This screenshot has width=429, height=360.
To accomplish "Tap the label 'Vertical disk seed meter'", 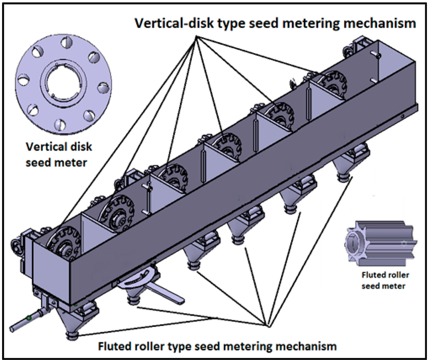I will click(59, 154).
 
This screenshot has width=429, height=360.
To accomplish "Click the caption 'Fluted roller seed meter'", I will click(385, 280).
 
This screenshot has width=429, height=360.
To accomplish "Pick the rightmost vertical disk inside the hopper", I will click(333, 83).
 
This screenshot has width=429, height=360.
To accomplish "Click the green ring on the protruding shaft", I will click(28, 319).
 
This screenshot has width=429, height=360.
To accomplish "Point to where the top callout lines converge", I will click(196, 37).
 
